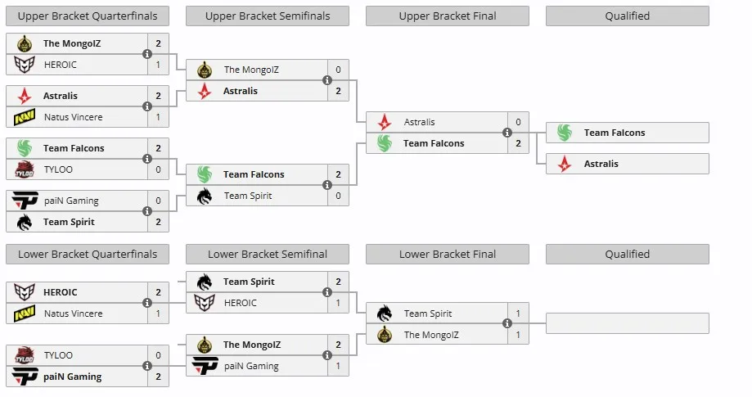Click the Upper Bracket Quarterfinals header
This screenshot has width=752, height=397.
point(88,16)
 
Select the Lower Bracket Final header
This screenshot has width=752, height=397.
point(448,254)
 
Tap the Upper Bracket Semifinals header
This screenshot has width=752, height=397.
point(268,16)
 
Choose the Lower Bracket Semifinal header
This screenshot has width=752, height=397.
point(268,254)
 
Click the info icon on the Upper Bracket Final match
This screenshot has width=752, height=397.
point(507,133)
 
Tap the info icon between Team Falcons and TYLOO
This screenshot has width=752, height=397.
point(147,159)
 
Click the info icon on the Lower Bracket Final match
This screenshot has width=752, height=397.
point(507,324)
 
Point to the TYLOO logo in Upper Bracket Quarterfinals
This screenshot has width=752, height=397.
point(25,169)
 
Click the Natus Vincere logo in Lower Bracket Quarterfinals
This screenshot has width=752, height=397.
point(25,314)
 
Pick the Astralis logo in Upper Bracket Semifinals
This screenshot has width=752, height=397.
point(205,91)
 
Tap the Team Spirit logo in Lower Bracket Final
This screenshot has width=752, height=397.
point(385,314)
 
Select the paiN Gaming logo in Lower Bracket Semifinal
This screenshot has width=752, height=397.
point(205,366)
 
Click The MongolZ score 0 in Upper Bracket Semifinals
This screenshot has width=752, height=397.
point(338,70)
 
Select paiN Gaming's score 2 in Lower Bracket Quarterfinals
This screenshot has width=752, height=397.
point(158,377)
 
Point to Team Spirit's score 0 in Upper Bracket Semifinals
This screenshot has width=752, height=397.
point(338,196)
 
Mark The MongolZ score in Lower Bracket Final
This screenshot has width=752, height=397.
point(518,335)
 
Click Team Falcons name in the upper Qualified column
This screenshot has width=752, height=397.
point(615,133)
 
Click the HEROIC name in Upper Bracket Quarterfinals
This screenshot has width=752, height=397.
point(60,65)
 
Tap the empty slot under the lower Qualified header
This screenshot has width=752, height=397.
point(627,323)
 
